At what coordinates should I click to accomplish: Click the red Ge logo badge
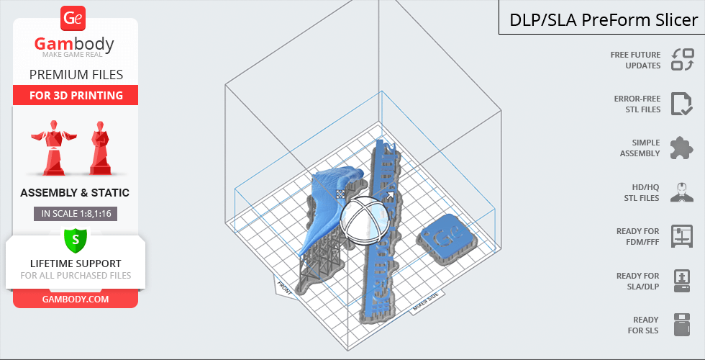73,18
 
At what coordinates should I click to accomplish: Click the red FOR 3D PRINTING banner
76,95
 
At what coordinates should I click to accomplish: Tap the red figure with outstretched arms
54,148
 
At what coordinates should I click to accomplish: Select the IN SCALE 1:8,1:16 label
76,214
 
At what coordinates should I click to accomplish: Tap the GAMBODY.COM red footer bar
76,299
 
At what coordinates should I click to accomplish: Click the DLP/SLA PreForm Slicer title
604,20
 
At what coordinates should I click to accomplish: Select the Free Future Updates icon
683,60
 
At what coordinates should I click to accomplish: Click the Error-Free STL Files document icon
682,104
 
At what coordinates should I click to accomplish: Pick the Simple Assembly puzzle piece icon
682,148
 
